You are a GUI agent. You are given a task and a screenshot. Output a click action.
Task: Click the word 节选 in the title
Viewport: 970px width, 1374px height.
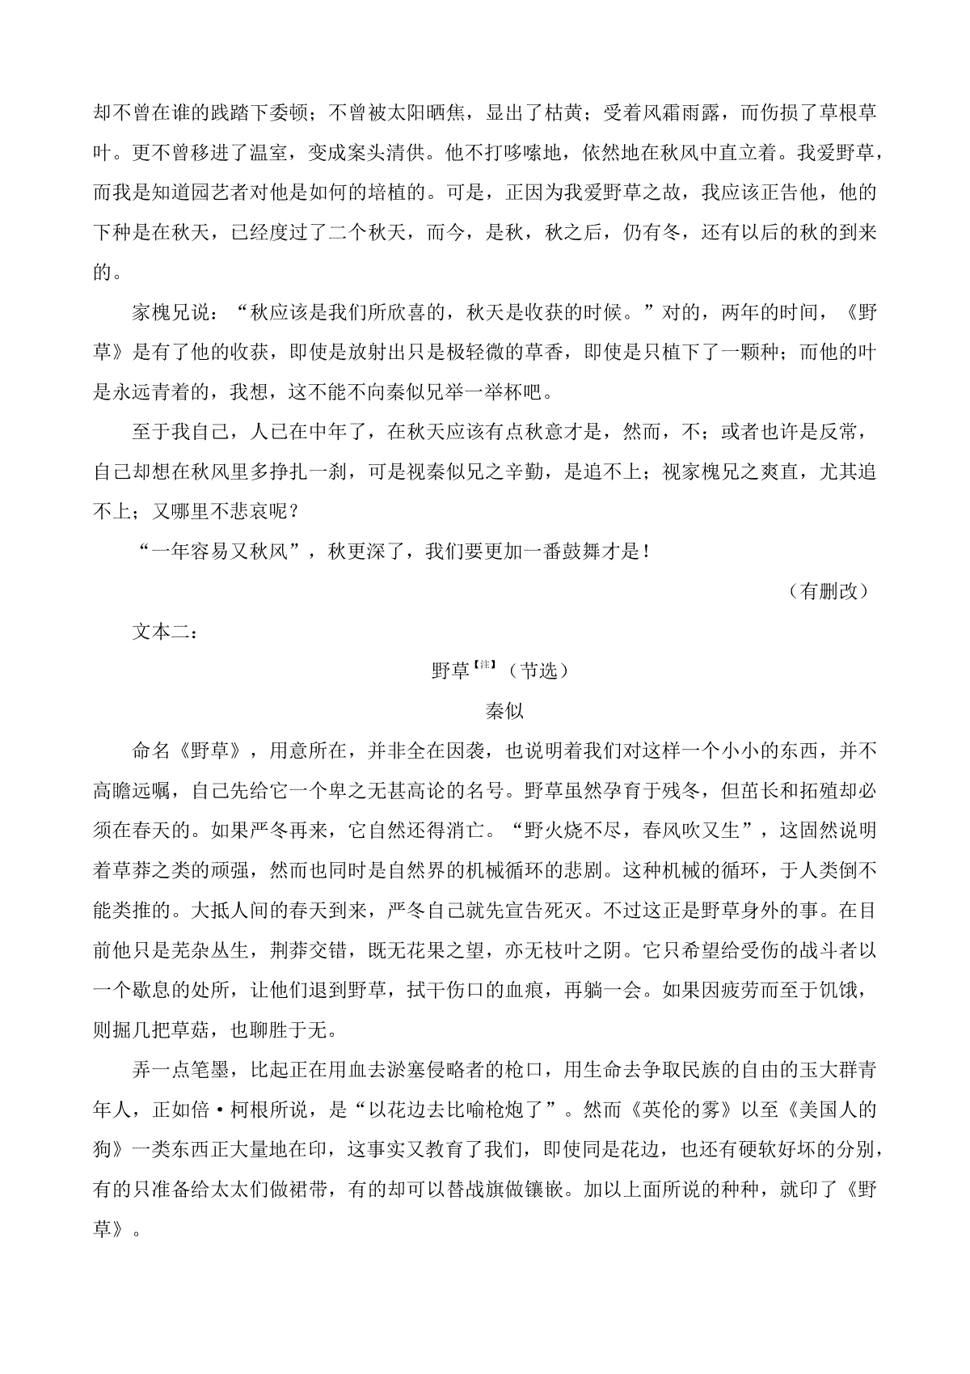[538, 671]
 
